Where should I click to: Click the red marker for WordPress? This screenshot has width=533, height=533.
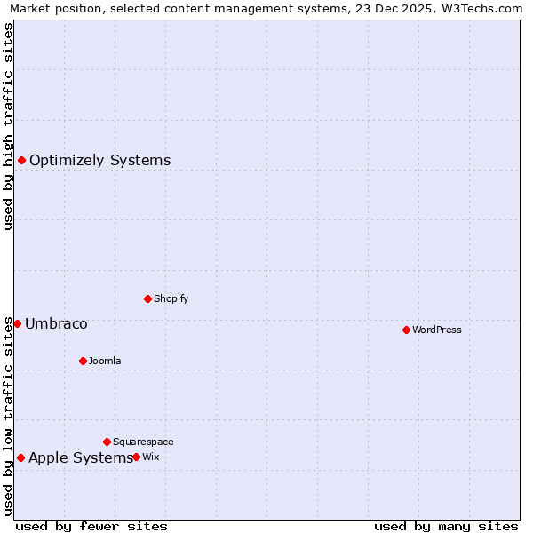click(406, 330)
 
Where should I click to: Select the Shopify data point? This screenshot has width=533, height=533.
click(147, 298)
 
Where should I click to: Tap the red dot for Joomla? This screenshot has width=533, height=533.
click(83, 361)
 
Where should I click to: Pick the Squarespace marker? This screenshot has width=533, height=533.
click(107, 442)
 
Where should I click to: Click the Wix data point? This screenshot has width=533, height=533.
click(136, 457)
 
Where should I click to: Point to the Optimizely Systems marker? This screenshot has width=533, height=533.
click(21, 160)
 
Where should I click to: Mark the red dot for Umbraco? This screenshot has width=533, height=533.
click(17, 323)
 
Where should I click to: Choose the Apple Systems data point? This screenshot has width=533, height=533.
click(20, 457)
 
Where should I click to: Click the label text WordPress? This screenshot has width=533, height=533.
click(436, 330)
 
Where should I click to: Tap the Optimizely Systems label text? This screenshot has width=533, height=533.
click(99, 160)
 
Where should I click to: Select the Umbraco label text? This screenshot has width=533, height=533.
click(56, 323)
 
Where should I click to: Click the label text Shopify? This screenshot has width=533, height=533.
click(171, 298)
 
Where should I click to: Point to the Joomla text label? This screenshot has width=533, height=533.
click(105, 361)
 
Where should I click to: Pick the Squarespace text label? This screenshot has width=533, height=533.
click(143, 442)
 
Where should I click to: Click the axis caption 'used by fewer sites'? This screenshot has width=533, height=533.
click(91, 526)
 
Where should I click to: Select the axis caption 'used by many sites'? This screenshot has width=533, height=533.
click(446, 526)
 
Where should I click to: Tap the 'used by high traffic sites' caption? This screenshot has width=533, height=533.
click(8, 126)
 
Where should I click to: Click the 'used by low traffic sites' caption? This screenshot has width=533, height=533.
click(8, 415)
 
